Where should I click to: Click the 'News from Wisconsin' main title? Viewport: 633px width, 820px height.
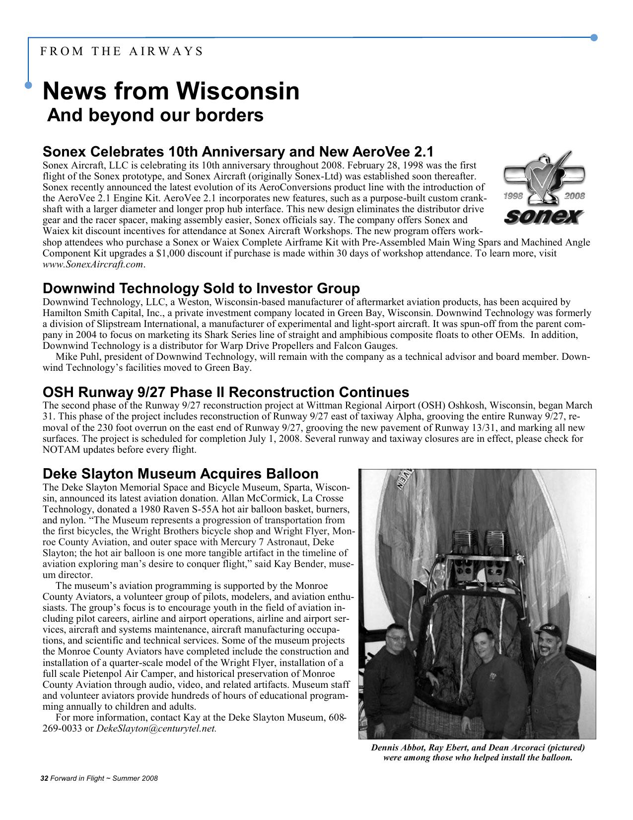point(171,91)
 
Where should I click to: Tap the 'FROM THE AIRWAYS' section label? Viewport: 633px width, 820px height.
point(122,52)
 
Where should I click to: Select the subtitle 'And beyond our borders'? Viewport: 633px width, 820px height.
point(155,115)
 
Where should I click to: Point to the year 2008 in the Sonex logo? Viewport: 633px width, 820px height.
point(574,195)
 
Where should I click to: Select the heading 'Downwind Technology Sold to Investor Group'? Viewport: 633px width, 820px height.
point(201,288)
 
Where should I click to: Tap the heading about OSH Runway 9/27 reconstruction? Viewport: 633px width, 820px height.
point(226,392)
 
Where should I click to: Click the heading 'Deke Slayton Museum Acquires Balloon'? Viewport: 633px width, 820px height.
point(181,473)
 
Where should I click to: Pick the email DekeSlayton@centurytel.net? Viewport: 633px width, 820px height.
point(156,729)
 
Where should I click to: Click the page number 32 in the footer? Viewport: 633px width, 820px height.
point(43,778)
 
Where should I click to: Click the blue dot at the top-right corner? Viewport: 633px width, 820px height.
point(594,37)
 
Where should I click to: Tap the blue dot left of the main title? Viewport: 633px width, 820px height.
point(28,85)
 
